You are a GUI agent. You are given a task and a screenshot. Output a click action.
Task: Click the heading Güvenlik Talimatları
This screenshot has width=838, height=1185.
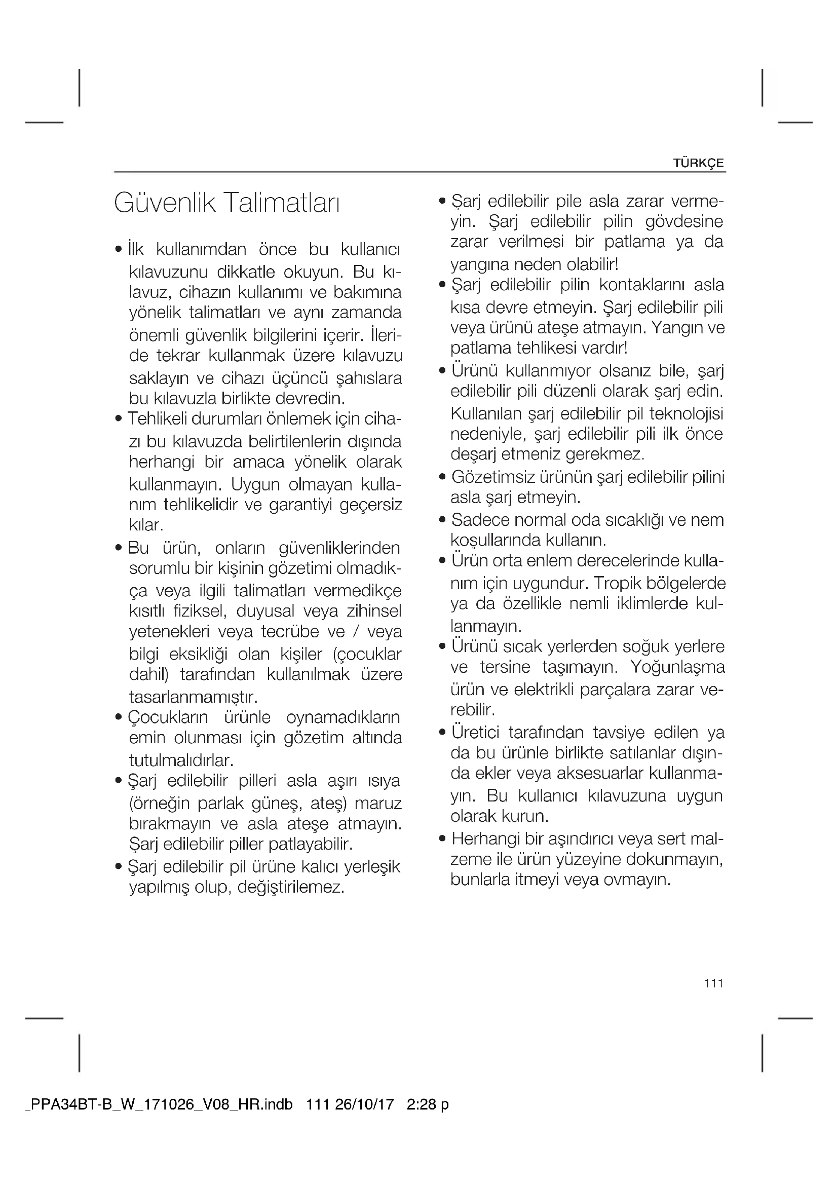point(227,203)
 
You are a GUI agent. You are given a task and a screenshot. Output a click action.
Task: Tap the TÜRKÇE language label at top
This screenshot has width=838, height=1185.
point(699,163)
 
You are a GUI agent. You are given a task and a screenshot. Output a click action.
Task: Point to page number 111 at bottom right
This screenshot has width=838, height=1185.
point(714,983)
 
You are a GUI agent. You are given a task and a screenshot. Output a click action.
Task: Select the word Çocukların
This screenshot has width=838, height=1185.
point(168,717)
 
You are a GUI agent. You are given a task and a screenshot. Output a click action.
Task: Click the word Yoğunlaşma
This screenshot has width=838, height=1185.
point(677,667)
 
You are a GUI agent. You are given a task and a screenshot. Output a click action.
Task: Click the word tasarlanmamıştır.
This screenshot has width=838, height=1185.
point(193,697)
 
